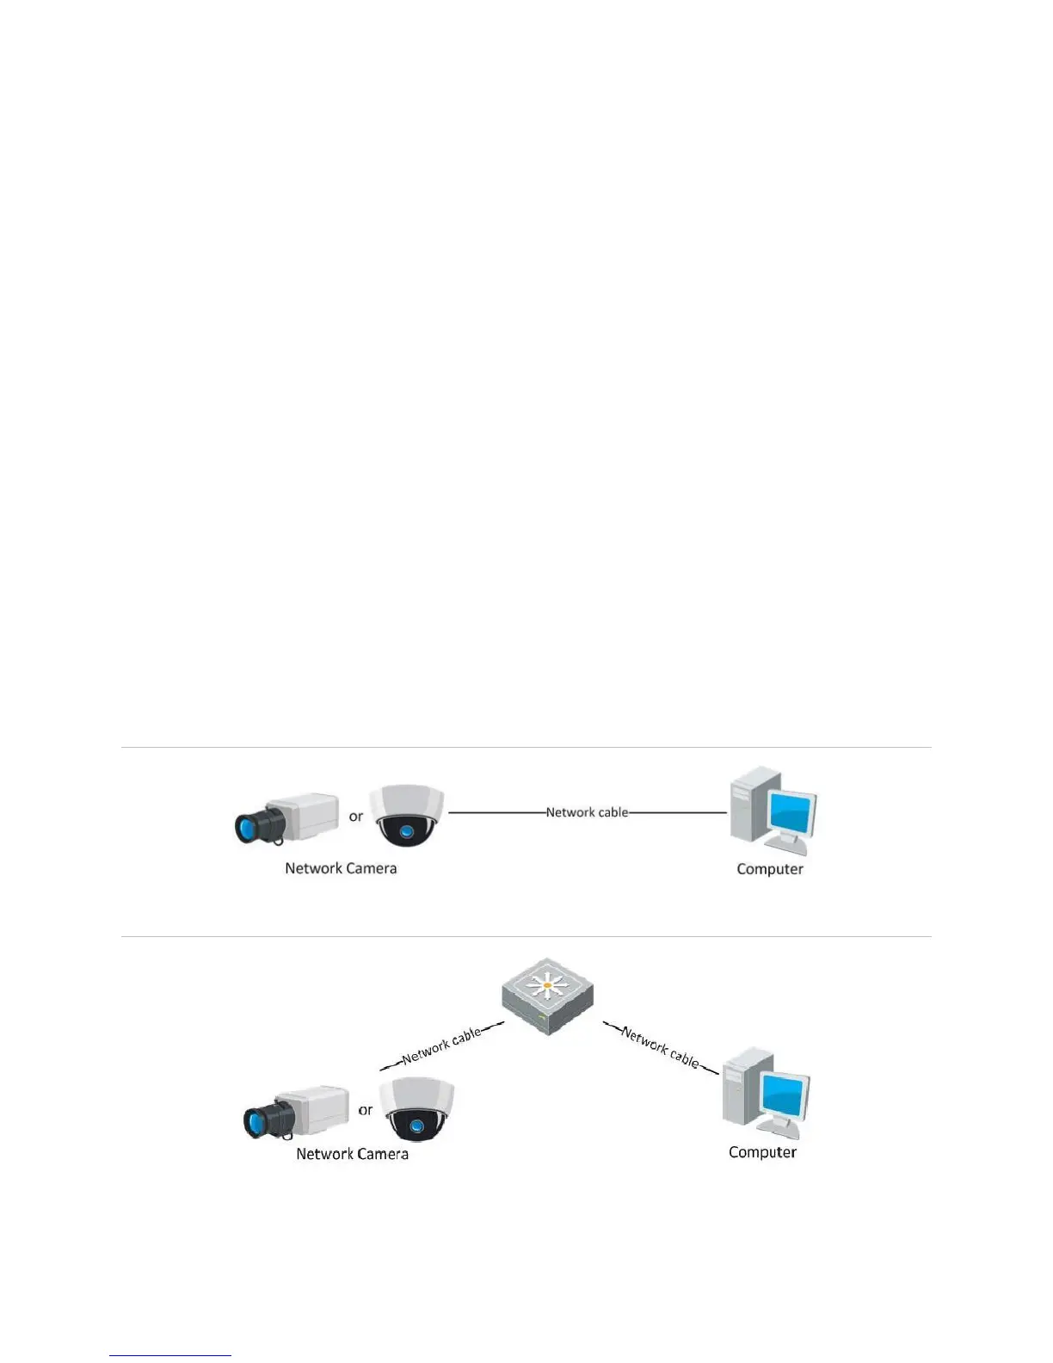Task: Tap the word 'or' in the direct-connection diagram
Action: click(x=356, y=816)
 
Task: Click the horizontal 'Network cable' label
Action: click(x=587, y=812)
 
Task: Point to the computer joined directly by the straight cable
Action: click(x=772, y=811)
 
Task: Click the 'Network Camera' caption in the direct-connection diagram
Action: click(x=341, y=868)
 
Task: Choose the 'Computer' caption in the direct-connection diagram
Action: click(x=770, y=869)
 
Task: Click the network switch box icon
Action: click(x=548, y=998)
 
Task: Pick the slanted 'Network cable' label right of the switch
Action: click(x=661, y=1047)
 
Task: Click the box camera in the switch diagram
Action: click(x=296, y=1112)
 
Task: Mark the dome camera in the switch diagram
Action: click(x=417, y=1110)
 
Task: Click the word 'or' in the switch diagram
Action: click(x=366, y=1110)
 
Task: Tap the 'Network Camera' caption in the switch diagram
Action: click(x=352, y=1154)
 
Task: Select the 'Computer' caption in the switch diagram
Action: click(x=762, y=1152)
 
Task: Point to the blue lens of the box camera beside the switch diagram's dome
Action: click(x=256, y=1123)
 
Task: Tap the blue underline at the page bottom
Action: click(x=170, y=1355)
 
